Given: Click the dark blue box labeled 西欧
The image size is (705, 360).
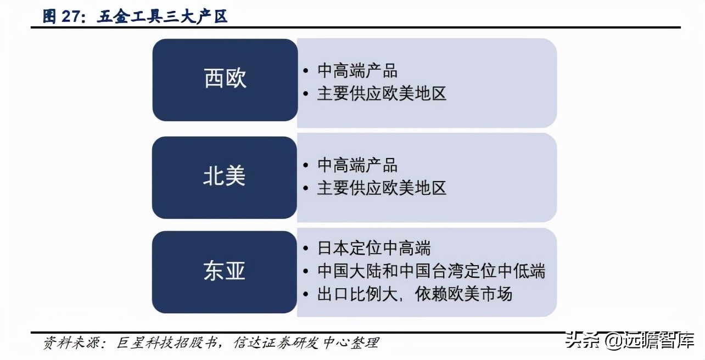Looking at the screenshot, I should [x=225, y=80].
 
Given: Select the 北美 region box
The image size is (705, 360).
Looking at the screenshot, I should [x=225, y=177].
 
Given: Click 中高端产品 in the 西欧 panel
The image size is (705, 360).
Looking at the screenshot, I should [x=357, y=71].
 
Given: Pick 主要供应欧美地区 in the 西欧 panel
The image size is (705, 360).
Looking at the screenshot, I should [x=382, y=93].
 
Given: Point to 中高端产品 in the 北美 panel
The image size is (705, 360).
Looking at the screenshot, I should [x=357, y=165].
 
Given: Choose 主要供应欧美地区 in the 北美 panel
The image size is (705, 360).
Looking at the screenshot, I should [x=382, y=188].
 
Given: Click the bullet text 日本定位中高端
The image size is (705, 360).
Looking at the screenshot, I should [x=374, y=248].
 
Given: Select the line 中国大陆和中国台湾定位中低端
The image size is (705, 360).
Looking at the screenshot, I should [x=431, y=271].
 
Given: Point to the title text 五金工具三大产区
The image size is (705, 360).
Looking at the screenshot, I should [x=163, y=17].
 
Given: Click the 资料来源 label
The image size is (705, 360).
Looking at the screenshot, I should [x=70, y=344].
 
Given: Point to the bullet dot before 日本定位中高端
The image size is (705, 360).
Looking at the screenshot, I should [x=306, y=249].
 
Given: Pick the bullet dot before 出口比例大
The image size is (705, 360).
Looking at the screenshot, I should [x=306, y=294].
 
